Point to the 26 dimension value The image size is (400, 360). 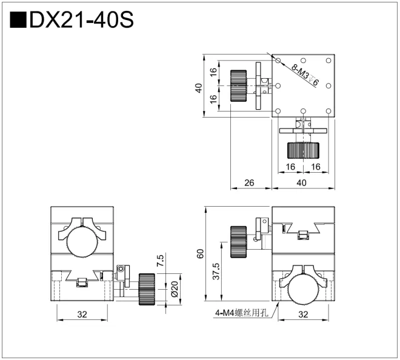[x=249, y=182]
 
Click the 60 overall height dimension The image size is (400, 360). [x=201, y=255]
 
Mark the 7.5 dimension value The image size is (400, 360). [x=160, y=261]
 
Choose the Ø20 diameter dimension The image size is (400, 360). [x=160, y=290]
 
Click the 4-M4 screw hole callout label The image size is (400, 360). [x=241, y=313]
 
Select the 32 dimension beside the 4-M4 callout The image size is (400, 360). [x=303, y=315]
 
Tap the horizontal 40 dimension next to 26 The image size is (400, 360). [x=301, y=182]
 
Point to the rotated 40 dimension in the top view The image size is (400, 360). [x=198, y=87]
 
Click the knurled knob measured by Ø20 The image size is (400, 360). [x=146, y=289]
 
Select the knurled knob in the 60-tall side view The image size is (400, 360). [x=238, y=241]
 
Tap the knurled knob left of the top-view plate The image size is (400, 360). [x=239, y=86]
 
